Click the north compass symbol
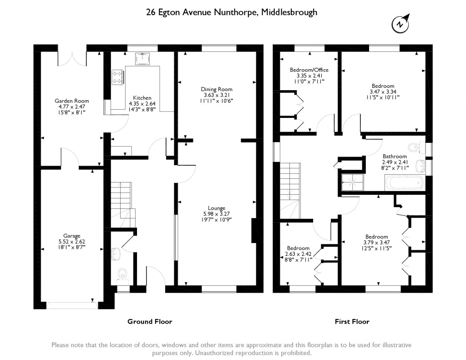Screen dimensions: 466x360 click(x=400, y=24)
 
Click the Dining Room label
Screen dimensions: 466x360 click(x=217, y=89)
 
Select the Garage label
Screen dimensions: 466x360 click(x=72, y=236)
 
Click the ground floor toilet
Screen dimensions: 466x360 click(x=122, y=273)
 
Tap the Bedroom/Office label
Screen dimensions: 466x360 click(x=309, y=70)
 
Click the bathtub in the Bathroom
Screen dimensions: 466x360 click(x=405, y=184)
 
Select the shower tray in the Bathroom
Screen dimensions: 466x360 click(x=353, y=183)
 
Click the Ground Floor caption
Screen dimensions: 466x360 click(x=150, y=322)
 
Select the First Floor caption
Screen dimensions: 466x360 click(x=352, y=322)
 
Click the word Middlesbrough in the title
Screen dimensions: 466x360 click(x=289, y=12)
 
